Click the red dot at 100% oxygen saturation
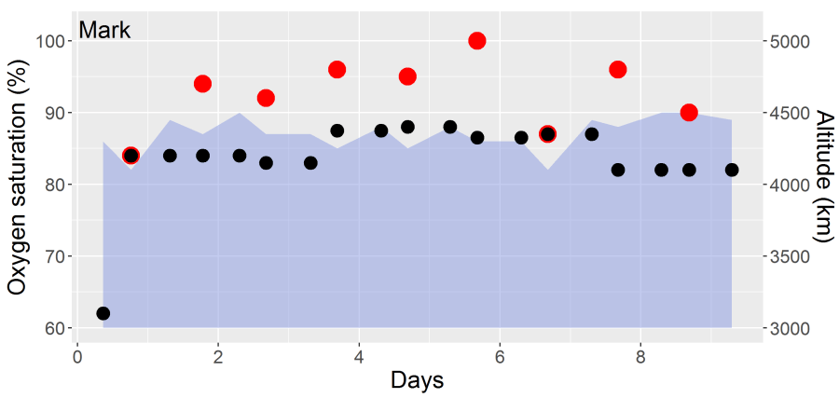pyautogui.click(x=477, y=41)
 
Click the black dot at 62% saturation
pyautogui.click(x=103, y=313)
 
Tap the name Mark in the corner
pyautogui.click(x=104, y=30)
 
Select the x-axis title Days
pyautogui.click(x=418, y=380)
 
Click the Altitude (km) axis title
pyautogui.click(x=824, y=176)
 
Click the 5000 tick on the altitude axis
pyautogui.click(x=790, y=42)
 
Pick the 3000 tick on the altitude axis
pyautogui.click(x=790, y=328)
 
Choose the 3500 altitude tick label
pyautogui.click(x=790, y=256)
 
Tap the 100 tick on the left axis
pyautogui.click(x=48, y=42)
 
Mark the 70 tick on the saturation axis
pyautogui.click(x=52, y=256)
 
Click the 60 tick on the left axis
pyautogui.click(x=52, y=328)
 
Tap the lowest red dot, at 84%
pyautogui.click(x=131, y=156)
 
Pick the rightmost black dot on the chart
pyautogui.click(x=732, y=170)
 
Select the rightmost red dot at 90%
pyautogui.click(x=689, y=113)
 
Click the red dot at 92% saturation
pyautogui.click(x=266, y=98)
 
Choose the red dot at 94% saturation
pyautogui.click(x=202, y=84)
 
